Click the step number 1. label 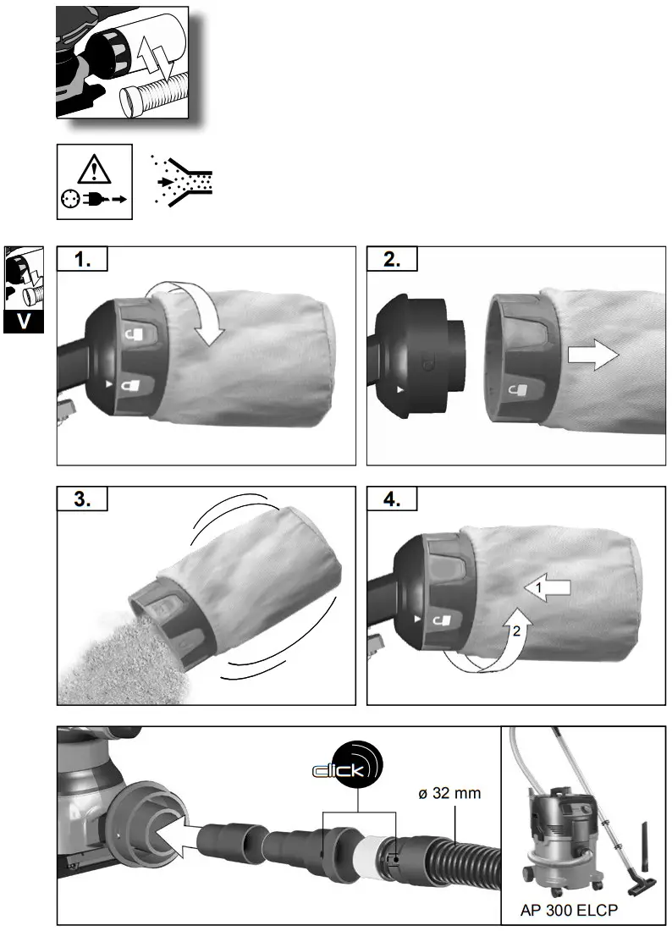click(82, 260)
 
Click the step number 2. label click(392, 260)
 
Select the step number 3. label click(82, 499)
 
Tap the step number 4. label click(392, 499)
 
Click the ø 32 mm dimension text click(449, 793)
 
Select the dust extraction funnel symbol click(182, 180)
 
